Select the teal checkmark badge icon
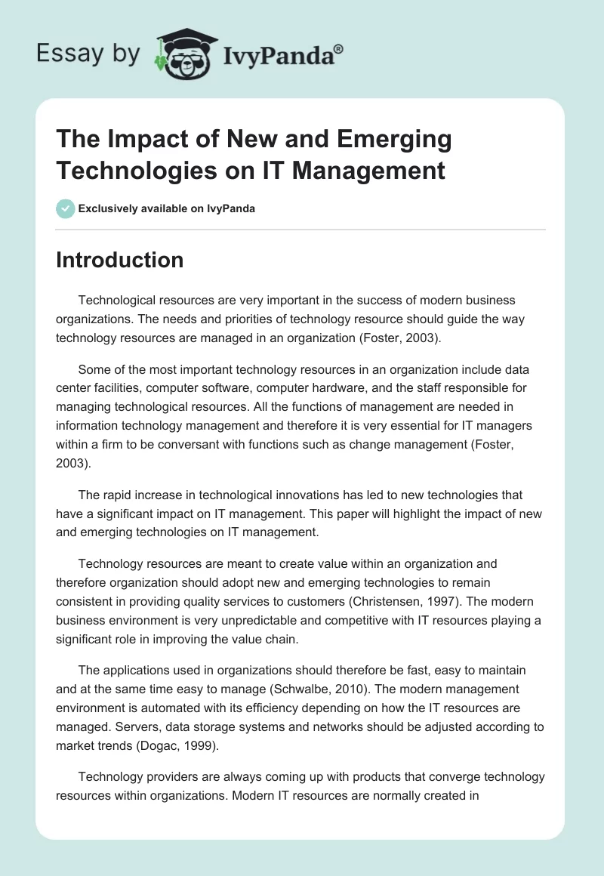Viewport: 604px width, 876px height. [x=66, y=208]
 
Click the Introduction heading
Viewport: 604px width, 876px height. [x=119, y=260]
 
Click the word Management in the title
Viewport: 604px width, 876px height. [x=369, y=170]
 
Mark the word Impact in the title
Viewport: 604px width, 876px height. [x=139, y=140]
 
